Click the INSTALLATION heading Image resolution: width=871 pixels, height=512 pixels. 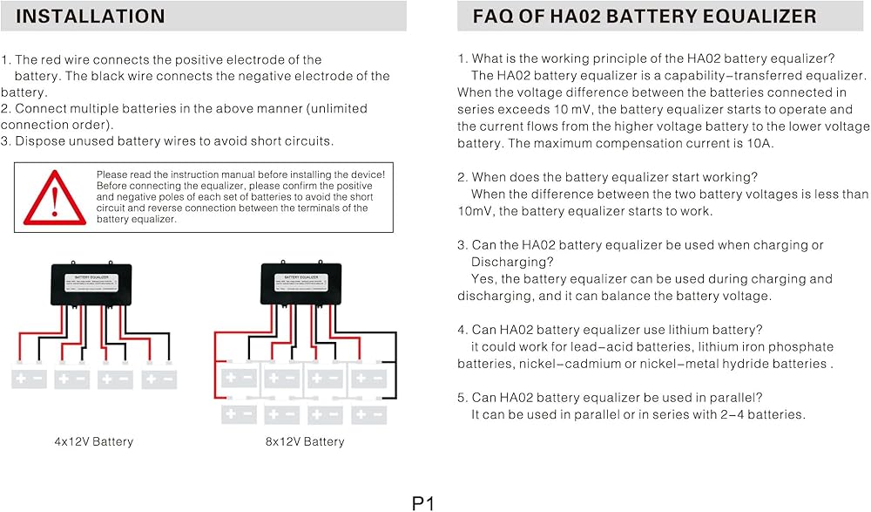(x=91, y=16)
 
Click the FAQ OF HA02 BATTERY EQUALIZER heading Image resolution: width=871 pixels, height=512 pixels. (x=645, y=16)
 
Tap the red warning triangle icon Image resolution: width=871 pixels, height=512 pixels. (x=54, y=197)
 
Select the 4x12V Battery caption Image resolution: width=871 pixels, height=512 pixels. (x=94, y=441)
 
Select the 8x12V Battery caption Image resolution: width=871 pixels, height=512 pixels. (x=305, y=441)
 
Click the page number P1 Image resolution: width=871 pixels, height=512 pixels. (x=423, y=502)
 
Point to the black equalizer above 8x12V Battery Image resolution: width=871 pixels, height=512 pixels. (x=305, y=283)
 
